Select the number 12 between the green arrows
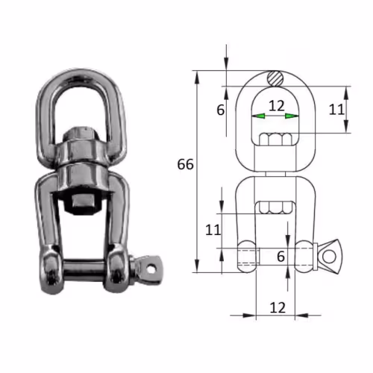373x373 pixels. point(276,106)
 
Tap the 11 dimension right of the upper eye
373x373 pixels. point(336,109)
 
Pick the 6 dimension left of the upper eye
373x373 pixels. point(221,110)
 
